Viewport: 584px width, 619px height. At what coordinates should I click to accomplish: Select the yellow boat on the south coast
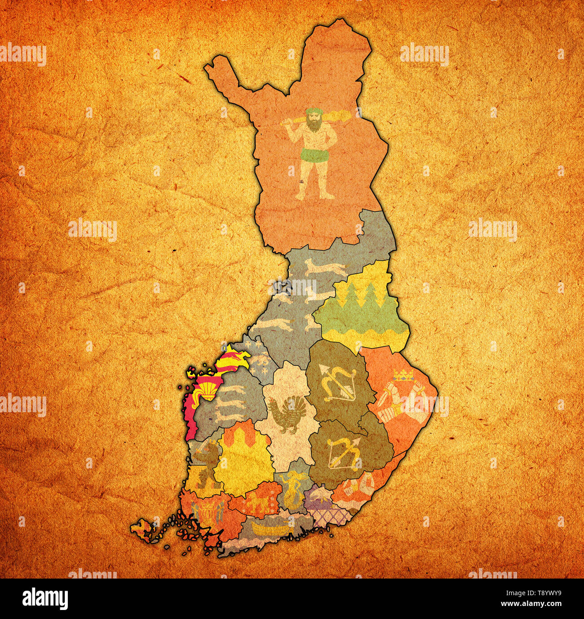(x=270, y=527)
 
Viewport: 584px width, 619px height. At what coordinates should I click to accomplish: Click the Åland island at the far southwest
(x=142, y=527)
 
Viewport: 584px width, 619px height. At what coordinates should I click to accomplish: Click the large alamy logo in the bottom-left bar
(x=45, y=598)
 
